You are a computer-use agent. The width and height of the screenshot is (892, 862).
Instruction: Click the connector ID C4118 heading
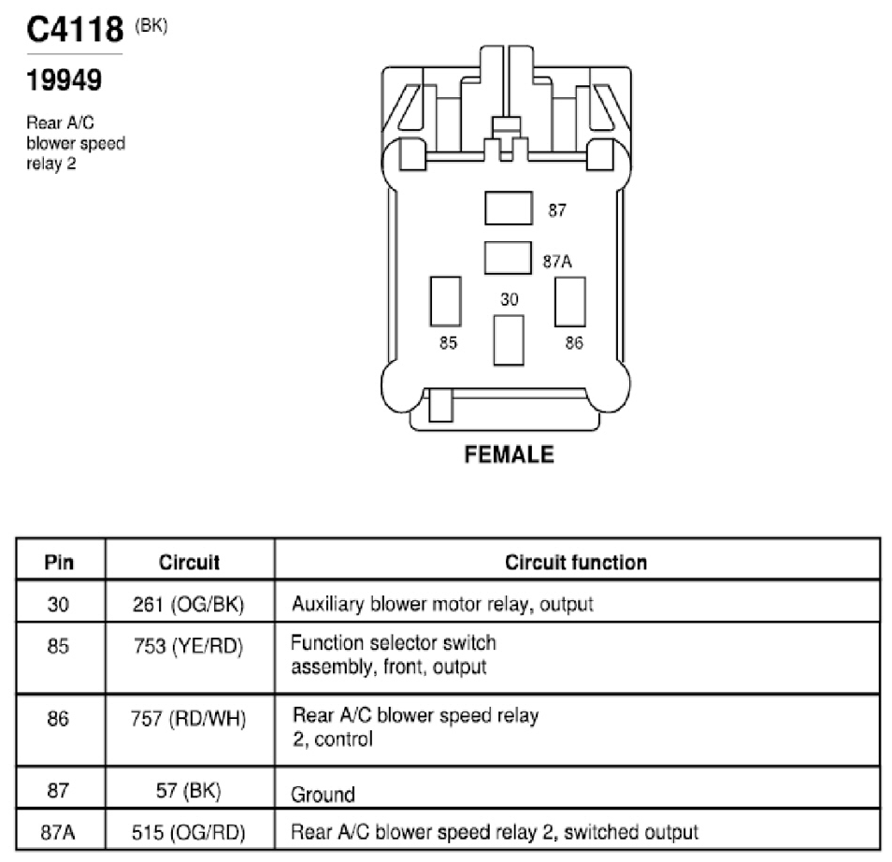pos(75,29)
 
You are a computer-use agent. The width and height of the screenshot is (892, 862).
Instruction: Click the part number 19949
pos(64,79)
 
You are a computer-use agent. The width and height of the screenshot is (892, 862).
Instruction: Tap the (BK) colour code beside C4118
pos(151,25)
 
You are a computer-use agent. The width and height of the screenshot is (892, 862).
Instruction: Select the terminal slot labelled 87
pos(509,208)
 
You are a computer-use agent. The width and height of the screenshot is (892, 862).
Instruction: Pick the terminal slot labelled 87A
pos(508,258)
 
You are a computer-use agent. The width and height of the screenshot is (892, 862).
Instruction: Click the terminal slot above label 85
pos(445,302)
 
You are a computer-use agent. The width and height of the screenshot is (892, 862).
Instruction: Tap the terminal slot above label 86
pos(570,302)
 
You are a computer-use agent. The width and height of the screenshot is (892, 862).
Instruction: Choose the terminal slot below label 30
pos(509,340)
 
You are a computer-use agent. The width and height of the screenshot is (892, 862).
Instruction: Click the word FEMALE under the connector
pos(510,454)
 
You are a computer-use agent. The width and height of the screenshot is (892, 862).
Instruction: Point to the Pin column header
pos(59,562)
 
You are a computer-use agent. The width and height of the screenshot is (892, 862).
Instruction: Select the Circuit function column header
pos(576,562)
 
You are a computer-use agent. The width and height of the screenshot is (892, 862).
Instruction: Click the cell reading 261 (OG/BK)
pos(188,604)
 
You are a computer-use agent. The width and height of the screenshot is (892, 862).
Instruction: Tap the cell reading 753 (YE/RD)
pos(188,646)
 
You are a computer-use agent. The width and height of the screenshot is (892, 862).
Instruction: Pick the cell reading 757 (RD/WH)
pos(188,719)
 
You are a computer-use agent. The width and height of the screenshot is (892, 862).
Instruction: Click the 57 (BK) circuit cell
pos(188,790)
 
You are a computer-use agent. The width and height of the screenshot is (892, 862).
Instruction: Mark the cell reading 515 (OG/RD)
pos(188,832)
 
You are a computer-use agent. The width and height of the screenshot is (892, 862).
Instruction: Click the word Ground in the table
pos(323,795)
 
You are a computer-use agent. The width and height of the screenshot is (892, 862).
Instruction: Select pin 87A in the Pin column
pos(57,832)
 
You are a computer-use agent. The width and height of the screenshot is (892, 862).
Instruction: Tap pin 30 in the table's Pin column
pos(58,604)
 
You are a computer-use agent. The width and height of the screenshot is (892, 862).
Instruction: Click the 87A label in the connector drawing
pos(557,262)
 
